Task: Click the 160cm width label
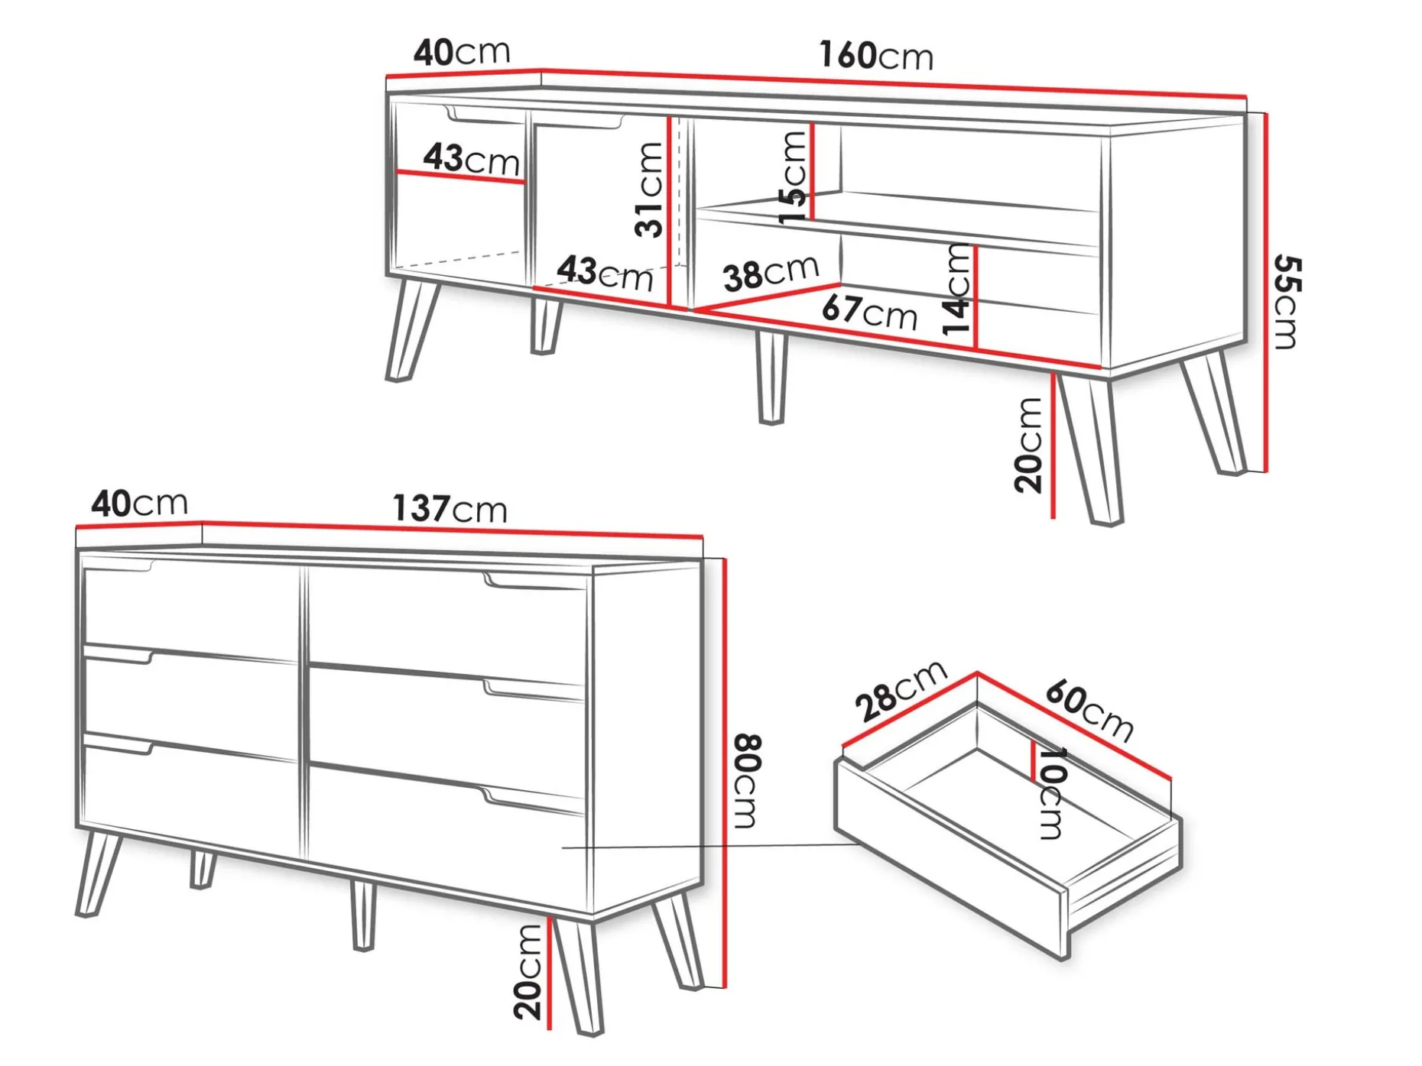point(876,56)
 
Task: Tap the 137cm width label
point(450,508)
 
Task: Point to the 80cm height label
point(745,781)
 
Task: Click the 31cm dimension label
point(649,190)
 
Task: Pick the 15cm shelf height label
point(793,177)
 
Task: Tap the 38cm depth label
point(771,273)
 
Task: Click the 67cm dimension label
point(870,312)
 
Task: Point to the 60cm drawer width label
point(1089,710)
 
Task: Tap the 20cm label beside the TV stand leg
point(1029,444)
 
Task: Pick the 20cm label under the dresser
point(528,972)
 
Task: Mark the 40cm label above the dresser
point(139,504)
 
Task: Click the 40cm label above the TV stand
point(462,52)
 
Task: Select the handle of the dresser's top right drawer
point(535,584)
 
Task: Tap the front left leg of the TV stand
point(413,329)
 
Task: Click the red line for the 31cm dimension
point(670,212)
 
